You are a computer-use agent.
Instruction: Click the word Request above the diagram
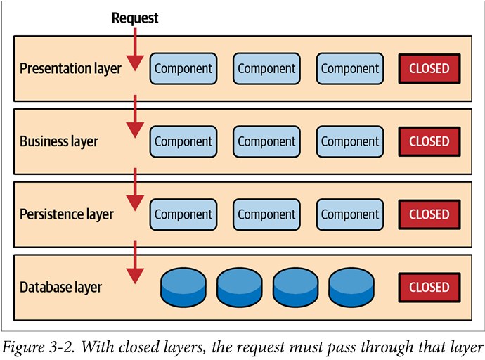[135, 18]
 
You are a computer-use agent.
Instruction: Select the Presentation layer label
[70, 69]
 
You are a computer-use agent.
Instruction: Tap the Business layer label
[59, 141]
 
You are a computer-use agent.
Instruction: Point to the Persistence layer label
[67, 214]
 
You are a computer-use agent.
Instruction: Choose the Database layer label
[61, 287]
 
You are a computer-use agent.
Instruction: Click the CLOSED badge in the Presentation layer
[429, 69]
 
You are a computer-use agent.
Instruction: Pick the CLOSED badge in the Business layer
[429, 141]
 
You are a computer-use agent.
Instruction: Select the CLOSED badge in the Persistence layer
[429, 214]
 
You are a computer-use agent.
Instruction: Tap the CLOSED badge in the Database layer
[429, 287]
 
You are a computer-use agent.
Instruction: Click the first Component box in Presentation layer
[183, 69]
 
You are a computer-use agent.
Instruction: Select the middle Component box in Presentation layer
[266, 69]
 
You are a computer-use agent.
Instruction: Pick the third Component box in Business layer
[350, 141]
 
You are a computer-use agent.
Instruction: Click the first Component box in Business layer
[183, 141]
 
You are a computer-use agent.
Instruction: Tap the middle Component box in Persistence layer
[266, 214]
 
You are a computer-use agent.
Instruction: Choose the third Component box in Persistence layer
[350, 214]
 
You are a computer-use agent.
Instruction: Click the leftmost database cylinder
[183, 286]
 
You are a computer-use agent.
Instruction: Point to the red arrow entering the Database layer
[135, 264]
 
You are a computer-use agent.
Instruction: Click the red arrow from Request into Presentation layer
[135, 46]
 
